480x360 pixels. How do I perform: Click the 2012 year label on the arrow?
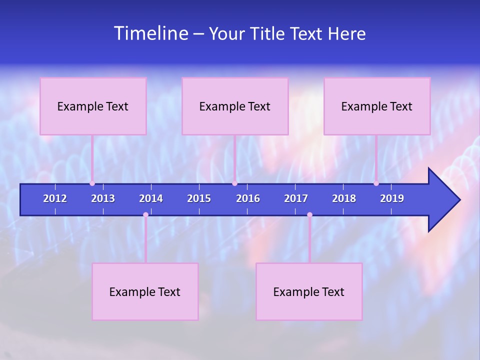tap(55, 198)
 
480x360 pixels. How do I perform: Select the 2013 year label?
tap(103, 198)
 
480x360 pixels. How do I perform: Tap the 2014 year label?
tap(151, 198)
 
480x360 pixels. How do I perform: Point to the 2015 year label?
tap(199, 198)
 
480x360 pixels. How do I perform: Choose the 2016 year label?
tap(248, 198)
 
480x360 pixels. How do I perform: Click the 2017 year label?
tap(296, 198)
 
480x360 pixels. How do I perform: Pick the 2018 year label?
tap(344, 198)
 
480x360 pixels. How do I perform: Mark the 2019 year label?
tap(392, 198)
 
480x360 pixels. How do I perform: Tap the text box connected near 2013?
tap(93, 106)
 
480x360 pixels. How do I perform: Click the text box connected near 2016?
tap(235, 106)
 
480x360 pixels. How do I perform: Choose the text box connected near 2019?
tap(377, 106)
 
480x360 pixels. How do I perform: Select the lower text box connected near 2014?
tap(145, 291)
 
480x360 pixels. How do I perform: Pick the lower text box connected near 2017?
tap(309, 291)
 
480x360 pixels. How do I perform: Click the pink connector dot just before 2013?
tap(92, 183)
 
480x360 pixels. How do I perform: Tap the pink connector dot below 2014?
tap(145, 214)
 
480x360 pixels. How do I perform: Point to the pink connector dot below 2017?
tap(309, 214)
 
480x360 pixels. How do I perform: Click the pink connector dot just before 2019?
tap(376, 183)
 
